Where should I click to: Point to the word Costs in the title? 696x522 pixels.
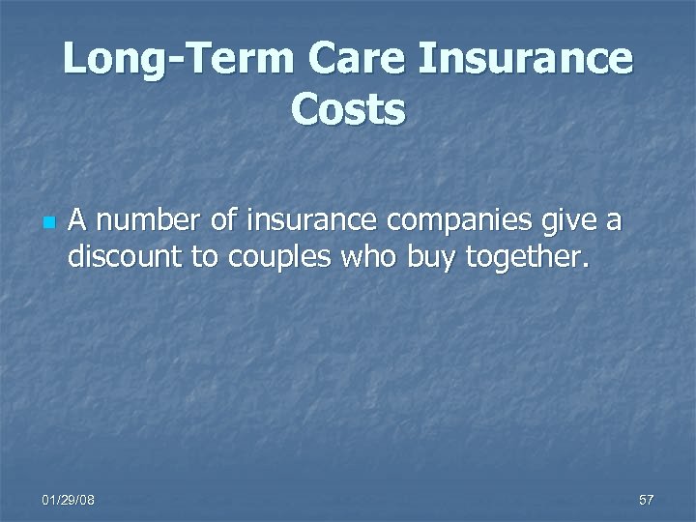coord(348,109)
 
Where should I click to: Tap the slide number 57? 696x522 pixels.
coord(646,499)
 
